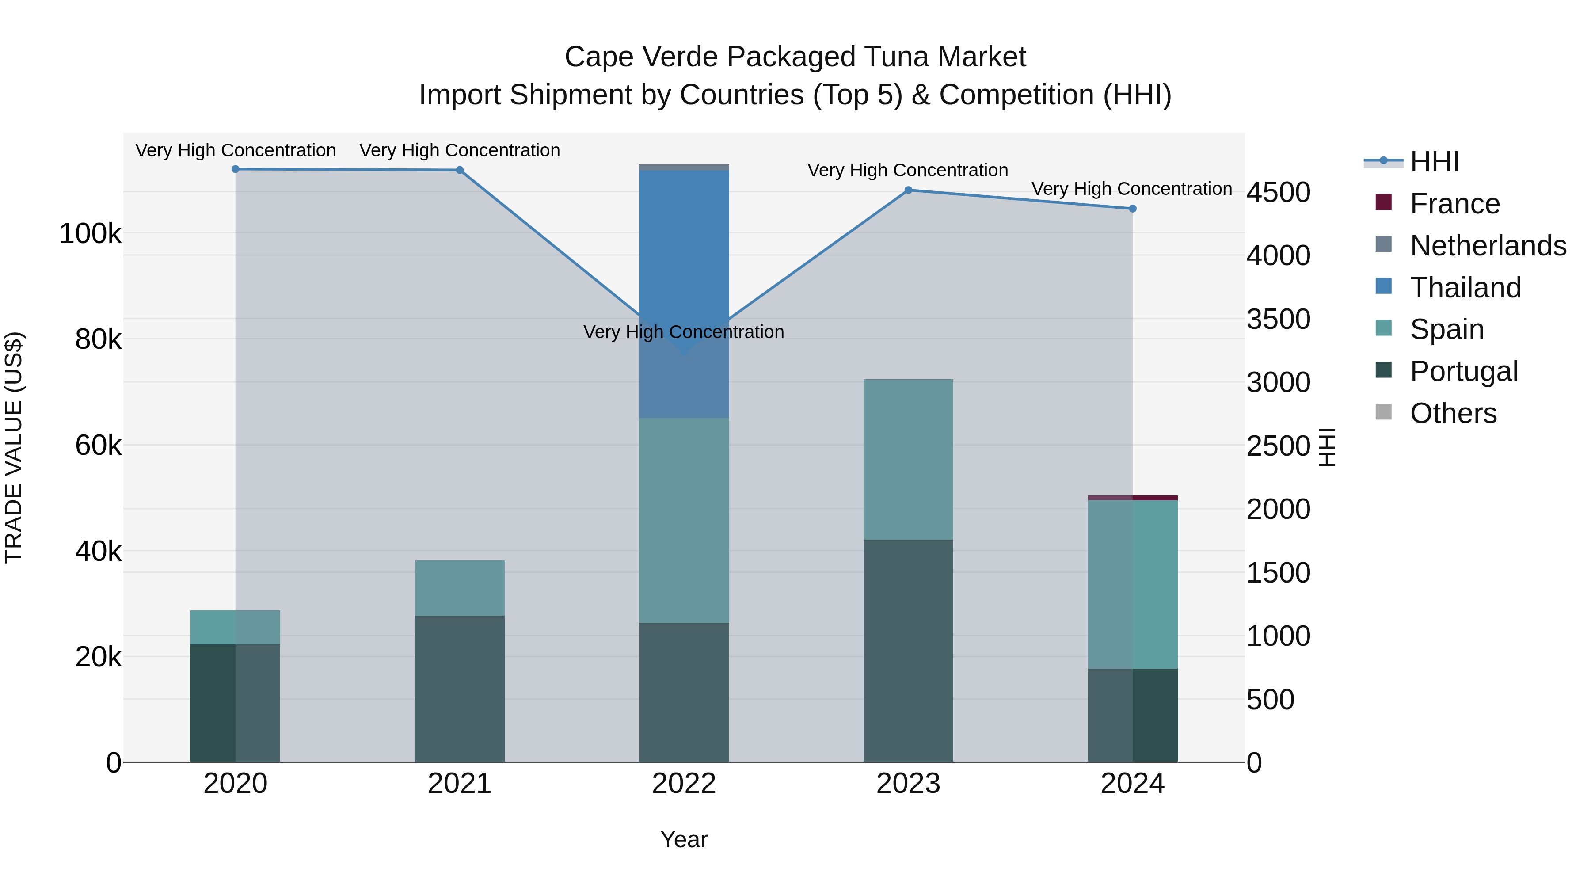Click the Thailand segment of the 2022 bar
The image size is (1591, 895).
684,259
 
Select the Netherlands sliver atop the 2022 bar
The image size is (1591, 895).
684,167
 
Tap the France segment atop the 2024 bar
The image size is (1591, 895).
1132,497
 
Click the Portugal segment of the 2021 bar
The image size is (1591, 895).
460,688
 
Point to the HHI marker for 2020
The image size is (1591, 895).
235,169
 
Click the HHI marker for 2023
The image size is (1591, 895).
908,190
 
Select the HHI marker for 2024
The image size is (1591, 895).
1132,209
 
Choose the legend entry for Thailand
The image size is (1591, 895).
1465,288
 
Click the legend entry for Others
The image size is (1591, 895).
1453,413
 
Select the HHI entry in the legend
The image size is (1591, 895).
1434,162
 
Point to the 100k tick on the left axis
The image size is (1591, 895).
90,234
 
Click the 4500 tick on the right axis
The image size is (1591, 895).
1277,192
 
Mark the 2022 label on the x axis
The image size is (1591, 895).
684,784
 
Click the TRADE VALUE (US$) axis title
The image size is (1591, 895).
14,447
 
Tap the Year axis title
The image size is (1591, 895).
684,839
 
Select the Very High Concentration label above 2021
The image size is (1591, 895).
460,150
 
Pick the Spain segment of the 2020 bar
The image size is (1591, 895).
235,627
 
